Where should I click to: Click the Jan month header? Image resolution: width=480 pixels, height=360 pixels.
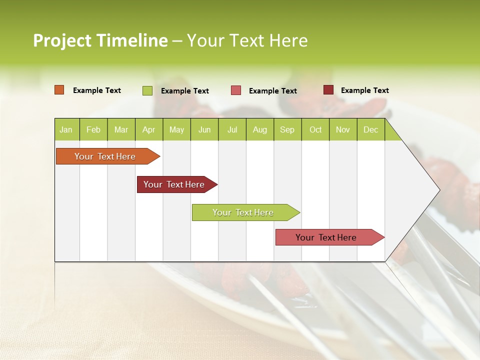(x=66, y=130)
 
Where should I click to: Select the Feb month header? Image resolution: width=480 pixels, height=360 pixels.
(x=93, y=130)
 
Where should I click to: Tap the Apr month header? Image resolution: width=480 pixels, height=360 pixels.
(x=148, y=130)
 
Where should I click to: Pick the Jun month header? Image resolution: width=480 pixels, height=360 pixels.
(x=204, y=130)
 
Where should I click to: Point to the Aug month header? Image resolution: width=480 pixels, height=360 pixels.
(x=259, y=130)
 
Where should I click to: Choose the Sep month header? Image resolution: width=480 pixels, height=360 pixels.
(x=287, y=130)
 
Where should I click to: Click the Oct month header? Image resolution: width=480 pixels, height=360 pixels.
(x=315, y=130)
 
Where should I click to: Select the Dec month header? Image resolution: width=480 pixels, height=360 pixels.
(x=370, y=130)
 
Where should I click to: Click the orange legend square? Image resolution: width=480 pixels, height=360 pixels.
(x=59, y=90)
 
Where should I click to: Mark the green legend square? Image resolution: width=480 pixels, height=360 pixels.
(x=147, y=90)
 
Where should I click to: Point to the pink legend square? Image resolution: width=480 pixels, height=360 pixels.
(x=236, y=90)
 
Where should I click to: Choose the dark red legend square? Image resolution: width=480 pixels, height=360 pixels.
(x=328, y=90)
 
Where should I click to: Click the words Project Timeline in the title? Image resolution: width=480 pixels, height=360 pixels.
(x=100, y=40)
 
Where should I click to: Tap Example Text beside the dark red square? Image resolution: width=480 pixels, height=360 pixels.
(x=364, y=90)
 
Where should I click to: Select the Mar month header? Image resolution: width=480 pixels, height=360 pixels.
(x=121, y=130)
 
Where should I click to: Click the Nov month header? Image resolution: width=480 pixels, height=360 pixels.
(x=343, y=130)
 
